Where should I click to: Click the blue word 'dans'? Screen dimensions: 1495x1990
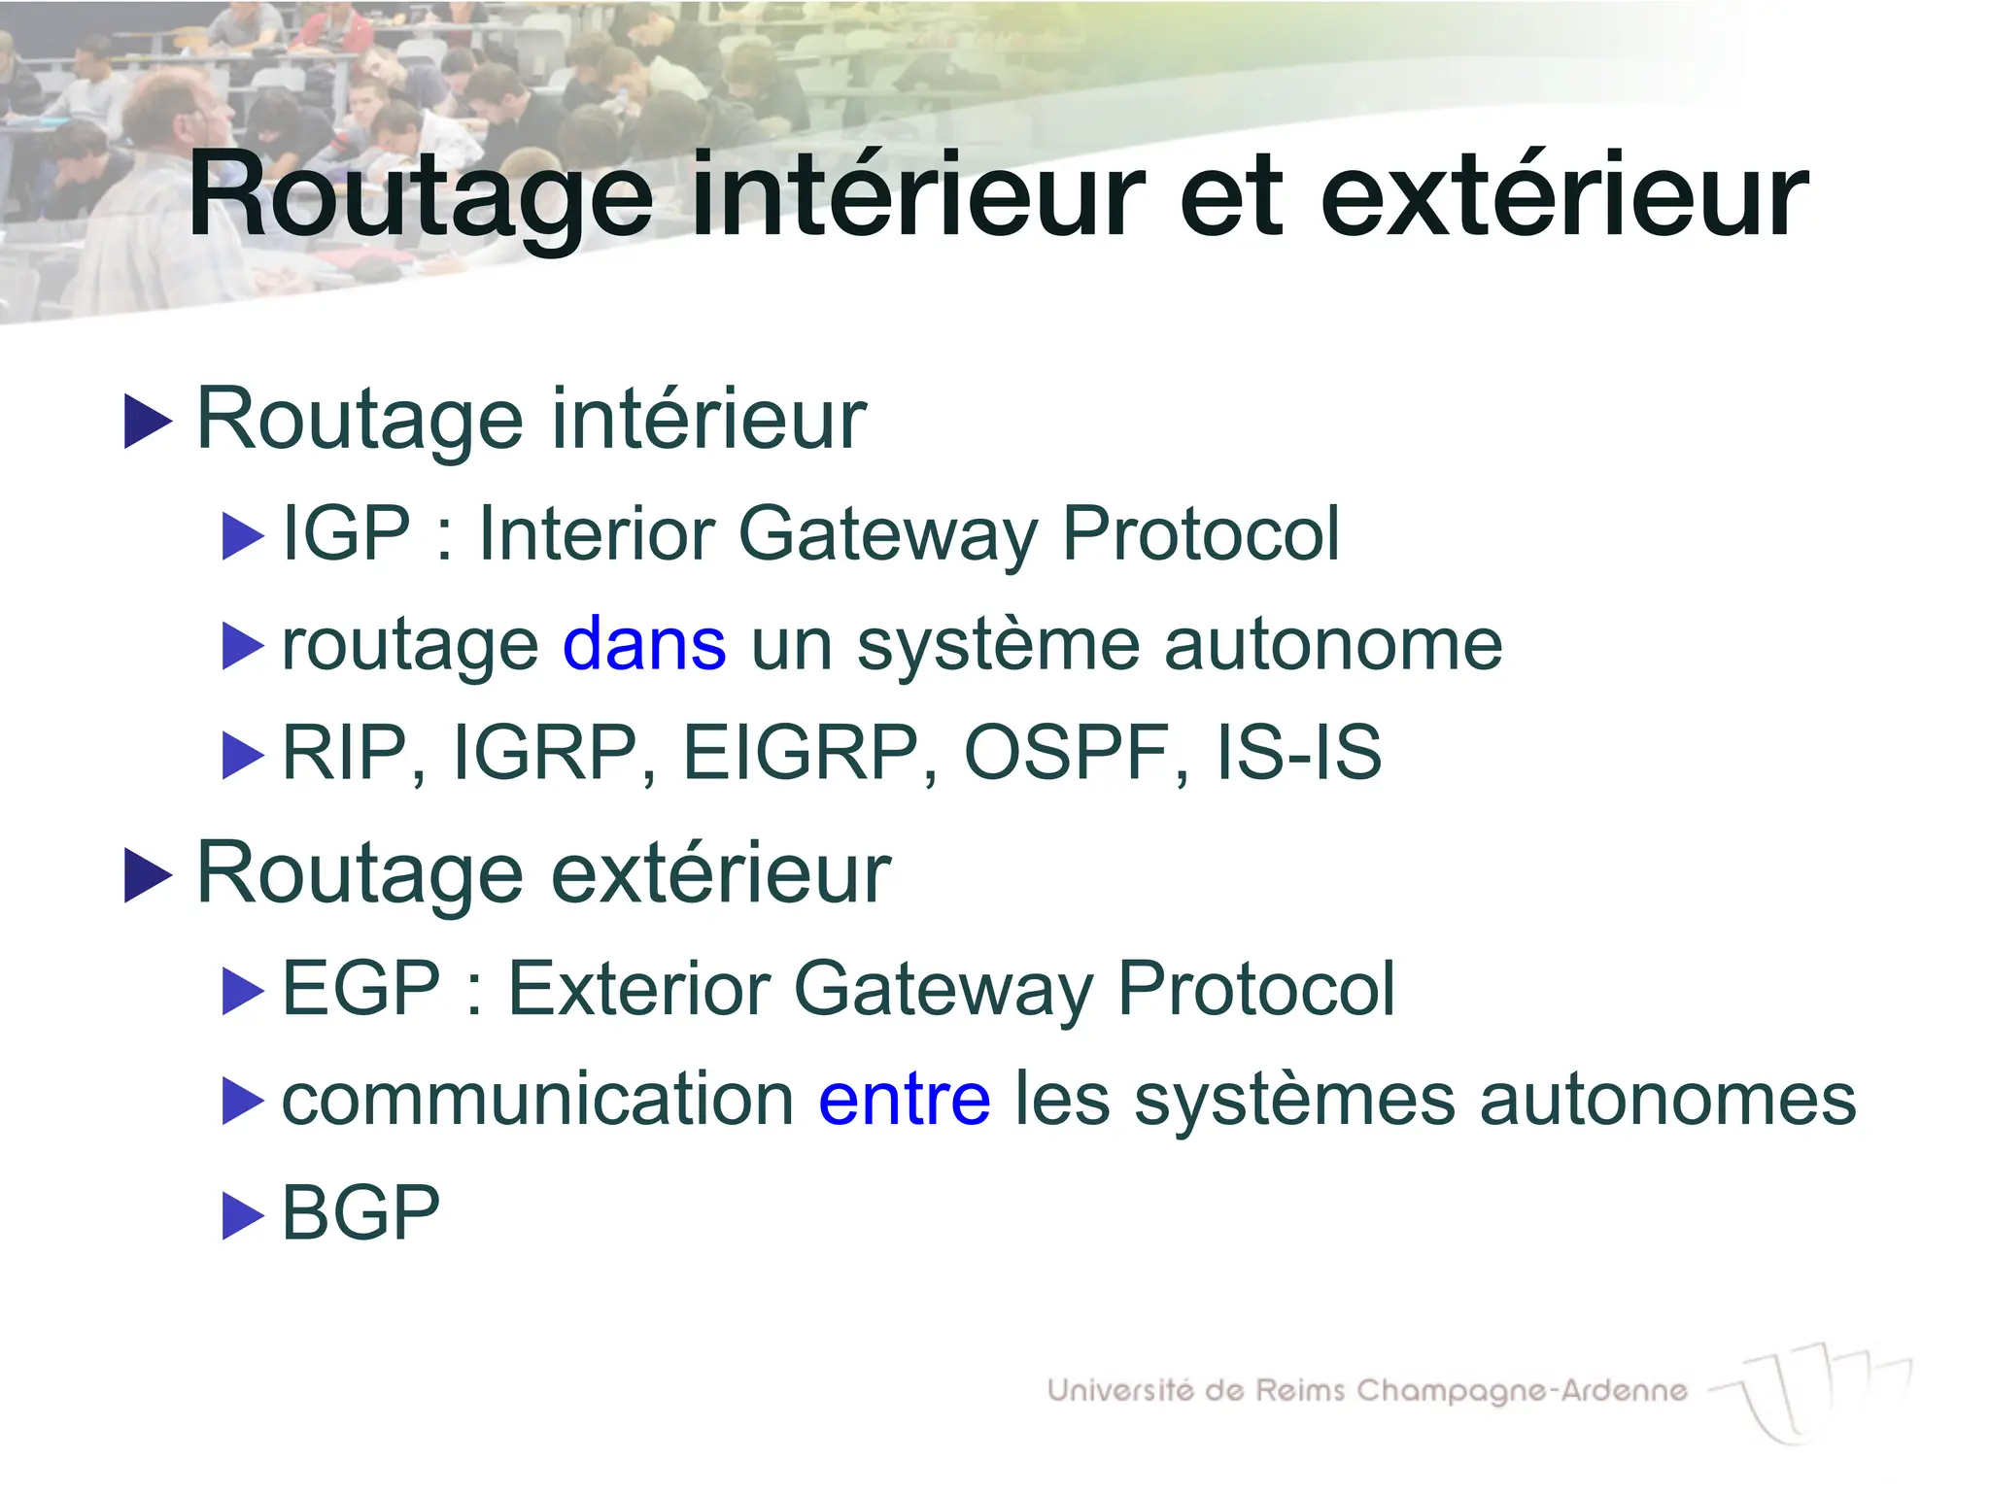click(643, 644)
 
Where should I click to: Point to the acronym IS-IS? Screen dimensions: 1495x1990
click(1298, 753)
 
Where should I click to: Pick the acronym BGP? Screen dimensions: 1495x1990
click(360, 1213)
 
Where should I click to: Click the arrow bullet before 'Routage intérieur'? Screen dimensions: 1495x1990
click(148, 423)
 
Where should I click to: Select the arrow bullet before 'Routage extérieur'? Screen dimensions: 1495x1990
click(148, 875)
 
